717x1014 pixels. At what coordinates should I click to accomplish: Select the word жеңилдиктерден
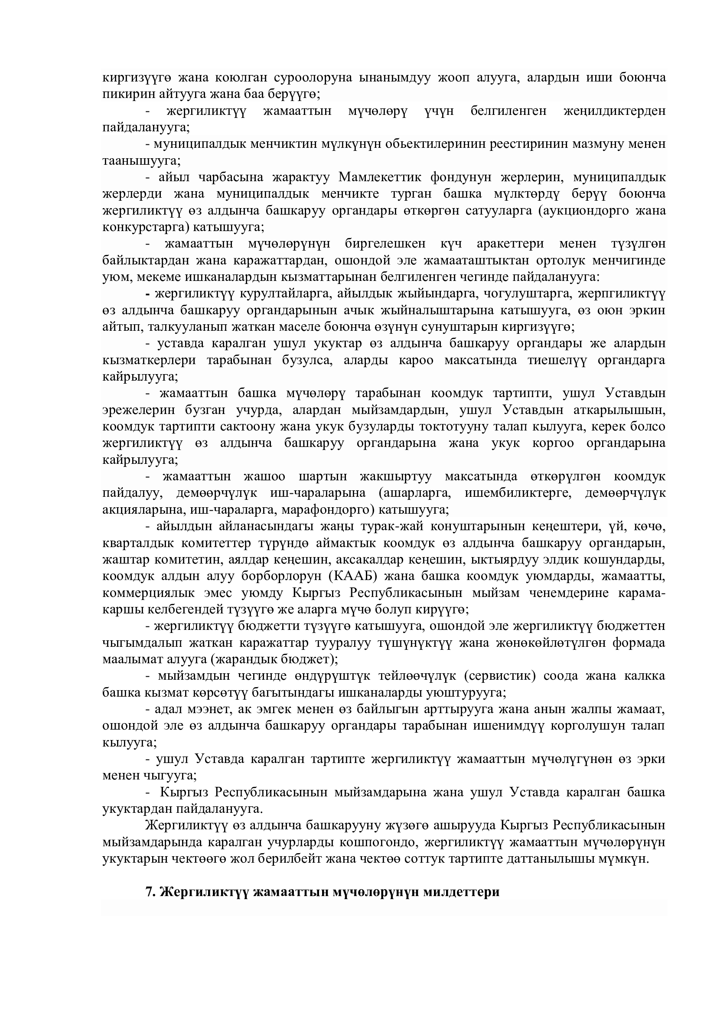(x=615, y=111)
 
